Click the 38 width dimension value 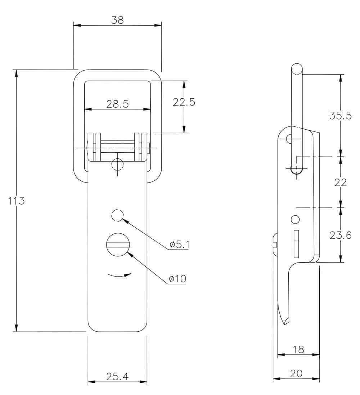coord(117,20)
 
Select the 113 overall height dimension coord(16,201)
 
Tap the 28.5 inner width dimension coord(117,104)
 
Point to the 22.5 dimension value coord(184,102)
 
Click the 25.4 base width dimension coord(117,376)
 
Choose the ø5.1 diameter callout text coord(179,244)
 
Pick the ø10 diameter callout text coord(177,279)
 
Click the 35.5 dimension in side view coord(340,116)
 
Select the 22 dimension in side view coord(340,183)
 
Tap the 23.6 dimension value coord(340,235)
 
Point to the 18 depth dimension coord(298,349)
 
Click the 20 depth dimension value coord(296,373)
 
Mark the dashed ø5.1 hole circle coord(117,216)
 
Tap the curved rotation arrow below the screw coord(119,275)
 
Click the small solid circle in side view coord(295,219)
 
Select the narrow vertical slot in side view coord(297,244)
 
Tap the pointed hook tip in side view coord(285,324)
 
